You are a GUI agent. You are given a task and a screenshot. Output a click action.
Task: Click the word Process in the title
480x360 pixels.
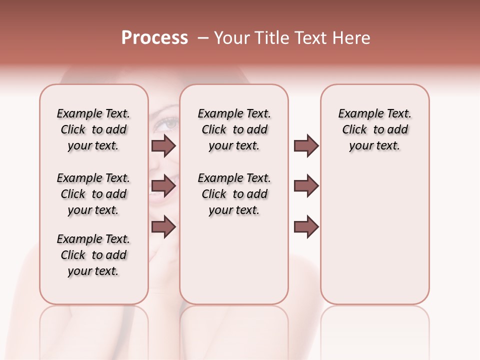tap(154, 38)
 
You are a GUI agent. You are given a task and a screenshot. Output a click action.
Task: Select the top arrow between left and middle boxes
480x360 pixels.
tap(163, 145)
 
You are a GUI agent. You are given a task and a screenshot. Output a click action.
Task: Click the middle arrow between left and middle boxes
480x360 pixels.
tap(163, 186)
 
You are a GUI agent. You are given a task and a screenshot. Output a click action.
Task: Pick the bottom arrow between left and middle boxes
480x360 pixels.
tap(163, 226)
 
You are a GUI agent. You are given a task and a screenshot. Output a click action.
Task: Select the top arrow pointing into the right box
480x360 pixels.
tap(306, 145)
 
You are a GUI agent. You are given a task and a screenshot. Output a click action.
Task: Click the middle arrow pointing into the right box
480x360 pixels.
tap(306, 186)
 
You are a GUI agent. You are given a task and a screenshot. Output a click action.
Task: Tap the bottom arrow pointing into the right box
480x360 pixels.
tap(306, 226)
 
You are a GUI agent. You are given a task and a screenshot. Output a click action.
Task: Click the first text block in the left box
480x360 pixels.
tap(93, 129)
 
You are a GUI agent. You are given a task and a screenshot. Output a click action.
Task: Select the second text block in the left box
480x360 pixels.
tap(93, 194)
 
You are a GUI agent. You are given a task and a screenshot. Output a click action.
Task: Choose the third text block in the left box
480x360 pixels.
tap(93, 255)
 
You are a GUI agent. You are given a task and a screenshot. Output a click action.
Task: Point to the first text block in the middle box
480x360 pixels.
tap(234, 129)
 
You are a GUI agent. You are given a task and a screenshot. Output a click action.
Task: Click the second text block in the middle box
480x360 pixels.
tap(234, 194)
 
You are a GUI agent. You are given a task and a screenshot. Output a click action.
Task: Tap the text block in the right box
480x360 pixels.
tap(374, 129)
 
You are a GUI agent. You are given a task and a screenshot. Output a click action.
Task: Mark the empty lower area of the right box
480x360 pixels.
tap(374, 240)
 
